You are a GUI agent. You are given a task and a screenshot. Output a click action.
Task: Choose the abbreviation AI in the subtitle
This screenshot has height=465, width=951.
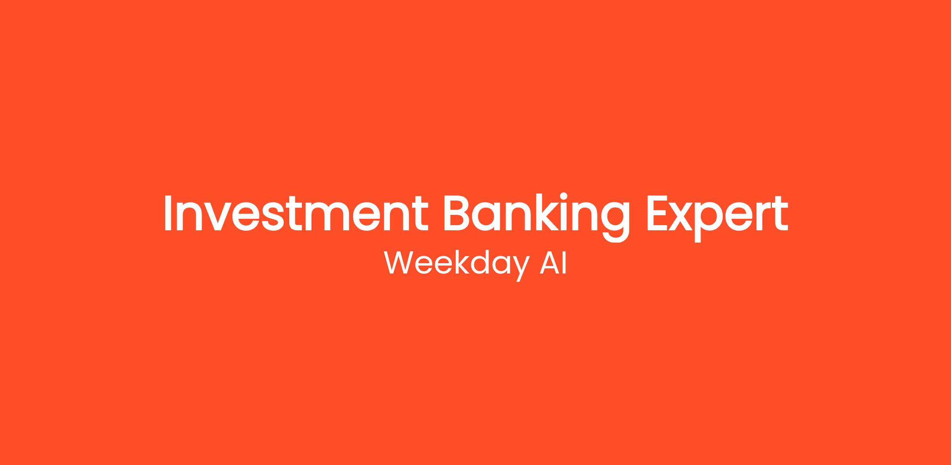pos(553,263)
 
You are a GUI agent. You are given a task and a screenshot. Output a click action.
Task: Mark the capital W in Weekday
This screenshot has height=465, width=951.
pos(398,263)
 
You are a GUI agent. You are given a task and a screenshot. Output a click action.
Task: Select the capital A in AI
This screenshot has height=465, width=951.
pos(549,263)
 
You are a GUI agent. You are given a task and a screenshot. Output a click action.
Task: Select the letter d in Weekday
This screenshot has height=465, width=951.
pos(481,263)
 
